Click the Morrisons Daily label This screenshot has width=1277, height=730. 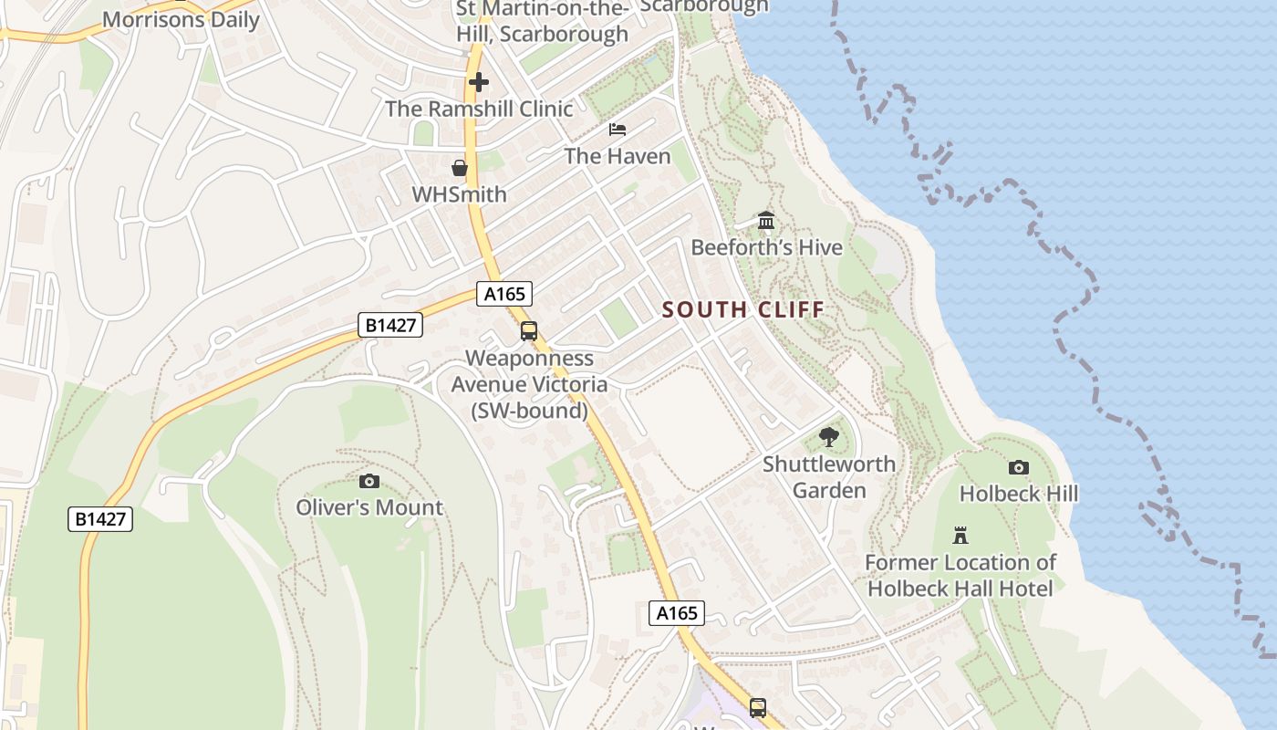click(x=181, y=19)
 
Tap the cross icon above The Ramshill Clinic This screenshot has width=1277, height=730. click(x=478, y=83)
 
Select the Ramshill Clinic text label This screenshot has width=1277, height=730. click(x=479, y=109)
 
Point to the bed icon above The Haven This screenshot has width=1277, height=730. click(x=618, y=130)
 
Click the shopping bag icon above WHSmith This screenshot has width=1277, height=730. click(x=460, y=168)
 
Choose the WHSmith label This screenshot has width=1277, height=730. click(x=459, y=194)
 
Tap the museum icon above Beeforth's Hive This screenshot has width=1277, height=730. click(x=766, y=221)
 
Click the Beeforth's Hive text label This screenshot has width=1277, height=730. click(x=766, y=247)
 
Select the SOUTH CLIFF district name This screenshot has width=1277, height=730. click(x=742, y=310)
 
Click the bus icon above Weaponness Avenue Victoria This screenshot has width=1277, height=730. click(x=529, y=331)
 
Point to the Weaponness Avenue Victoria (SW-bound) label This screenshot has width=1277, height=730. click(x=529, y=384)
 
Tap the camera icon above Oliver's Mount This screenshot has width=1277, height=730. click(x=369, y=481)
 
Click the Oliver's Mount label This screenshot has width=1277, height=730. click(x=369, y=507)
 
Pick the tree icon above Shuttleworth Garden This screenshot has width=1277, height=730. click(x=828, y=437)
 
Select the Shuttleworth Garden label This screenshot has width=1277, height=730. click(x=828, y=477)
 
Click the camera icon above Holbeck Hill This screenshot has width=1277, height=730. click(x=1019, y=467)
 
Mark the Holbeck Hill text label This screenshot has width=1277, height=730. click(x=1019, y=494)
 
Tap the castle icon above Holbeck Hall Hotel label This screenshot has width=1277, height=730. click(x=960, y=535)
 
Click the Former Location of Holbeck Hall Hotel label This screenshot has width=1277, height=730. click(x=960, y=576)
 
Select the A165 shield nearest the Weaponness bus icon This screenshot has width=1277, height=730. click(x=504, y=294)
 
